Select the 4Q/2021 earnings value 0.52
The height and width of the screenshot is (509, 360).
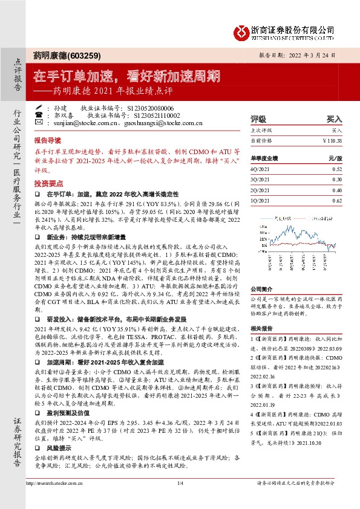pos(336,169)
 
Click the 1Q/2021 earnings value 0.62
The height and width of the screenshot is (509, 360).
pos(336,199)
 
